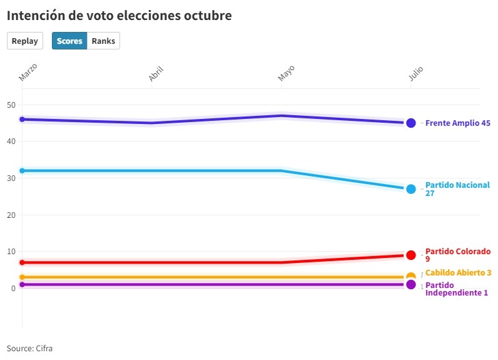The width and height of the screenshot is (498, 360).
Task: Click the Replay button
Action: pos(25,41)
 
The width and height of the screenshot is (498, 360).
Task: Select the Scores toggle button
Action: pos(69,41)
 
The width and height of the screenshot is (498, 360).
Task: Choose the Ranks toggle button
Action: pos(103,41)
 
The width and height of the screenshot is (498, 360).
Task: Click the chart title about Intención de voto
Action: pos(119,16)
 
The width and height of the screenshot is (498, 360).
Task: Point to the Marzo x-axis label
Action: pos(28,72)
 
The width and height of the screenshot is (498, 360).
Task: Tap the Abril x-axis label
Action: pos(156,74)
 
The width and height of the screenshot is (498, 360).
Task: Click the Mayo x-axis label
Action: pos(286,73)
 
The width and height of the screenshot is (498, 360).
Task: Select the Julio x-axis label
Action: pos(416,74)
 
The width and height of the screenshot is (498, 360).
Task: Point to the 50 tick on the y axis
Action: pos(11,105)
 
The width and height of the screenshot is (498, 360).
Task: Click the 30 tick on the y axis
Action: pos(11,178)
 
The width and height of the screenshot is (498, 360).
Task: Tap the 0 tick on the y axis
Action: pos(13,288)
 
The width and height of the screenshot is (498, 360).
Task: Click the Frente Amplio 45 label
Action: pos(457,123)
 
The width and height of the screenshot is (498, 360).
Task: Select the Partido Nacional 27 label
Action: pos(457,189)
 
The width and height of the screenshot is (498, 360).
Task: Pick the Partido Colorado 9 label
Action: pos(457,255)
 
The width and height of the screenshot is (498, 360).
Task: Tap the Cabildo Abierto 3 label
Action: pos(458,273)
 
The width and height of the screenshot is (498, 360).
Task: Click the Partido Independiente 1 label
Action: pos(456,289)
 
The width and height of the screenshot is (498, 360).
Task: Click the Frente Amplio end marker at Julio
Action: pos(411,123)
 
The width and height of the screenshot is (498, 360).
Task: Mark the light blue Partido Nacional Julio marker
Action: pos(411,188)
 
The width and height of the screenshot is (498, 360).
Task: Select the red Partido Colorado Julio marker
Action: pos(411,255)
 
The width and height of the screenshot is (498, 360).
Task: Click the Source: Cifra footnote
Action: pos(30,348)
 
